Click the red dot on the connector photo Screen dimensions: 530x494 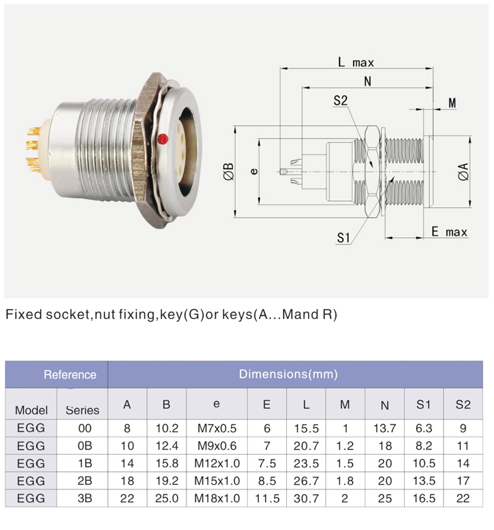pos(162,138)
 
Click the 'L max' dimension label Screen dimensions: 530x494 pos(356,63)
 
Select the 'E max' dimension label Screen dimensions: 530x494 pos(449,232)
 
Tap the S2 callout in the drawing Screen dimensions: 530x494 pos(341,101)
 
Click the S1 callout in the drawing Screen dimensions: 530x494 pos(344,237)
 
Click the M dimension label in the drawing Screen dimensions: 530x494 pos(452,103)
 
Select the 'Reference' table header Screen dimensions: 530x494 pos(70,374)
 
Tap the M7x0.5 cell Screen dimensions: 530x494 pos(216,428)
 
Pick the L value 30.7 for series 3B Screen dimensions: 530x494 pos(306,497)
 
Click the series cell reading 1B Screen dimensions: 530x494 pos(84,463)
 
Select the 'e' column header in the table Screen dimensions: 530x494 pos(216,404)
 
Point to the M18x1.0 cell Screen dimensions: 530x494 pos(216,497)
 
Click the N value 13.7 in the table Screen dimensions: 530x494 pos(384,428)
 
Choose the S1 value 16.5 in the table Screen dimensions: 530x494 pos(424,497)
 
